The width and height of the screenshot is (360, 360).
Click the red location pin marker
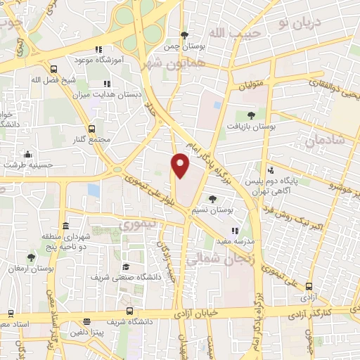pos(181,165)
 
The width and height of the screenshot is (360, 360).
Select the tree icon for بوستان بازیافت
pos(252,115)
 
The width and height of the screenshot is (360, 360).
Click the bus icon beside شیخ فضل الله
pos(55,69)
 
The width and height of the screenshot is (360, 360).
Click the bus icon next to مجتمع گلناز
pos(92,129)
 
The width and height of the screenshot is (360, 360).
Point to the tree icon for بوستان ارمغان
pos(31,257)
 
